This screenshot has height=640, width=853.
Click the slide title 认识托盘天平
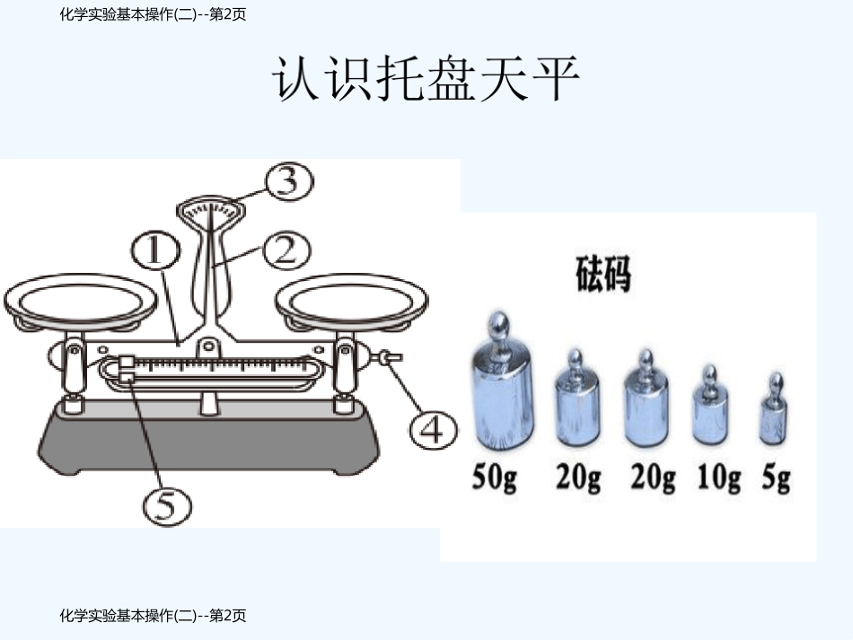(x=426, y=80)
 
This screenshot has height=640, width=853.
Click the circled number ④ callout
(x=432, y=431)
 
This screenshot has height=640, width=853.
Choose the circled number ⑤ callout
(x=167, y=506)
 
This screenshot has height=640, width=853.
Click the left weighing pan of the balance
(x=82, y=299)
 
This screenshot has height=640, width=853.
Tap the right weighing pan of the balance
(x=352, y=299)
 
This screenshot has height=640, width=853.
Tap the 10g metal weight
(x=710, y=412)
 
